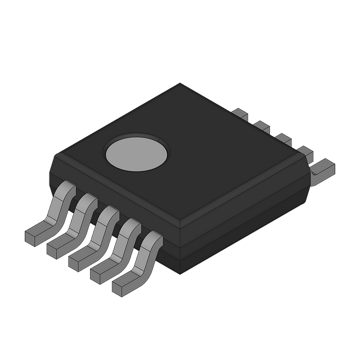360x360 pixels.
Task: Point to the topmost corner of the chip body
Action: coord(180,84)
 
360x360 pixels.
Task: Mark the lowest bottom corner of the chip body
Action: coord(180,274)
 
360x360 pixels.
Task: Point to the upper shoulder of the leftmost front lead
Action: coord(66,188)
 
